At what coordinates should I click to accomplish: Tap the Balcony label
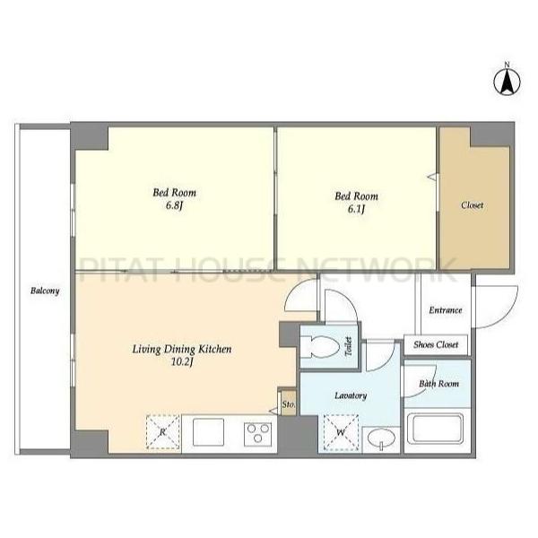click(x=45, y=291)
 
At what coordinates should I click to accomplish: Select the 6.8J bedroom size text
click(x=174, y=206)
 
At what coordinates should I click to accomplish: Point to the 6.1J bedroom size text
click(x=356, y=209)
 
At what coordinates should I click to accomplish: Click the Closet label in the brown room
click(x=473, y=205)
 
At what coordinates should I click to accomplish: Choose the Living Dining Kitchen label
click(x=182, y=350)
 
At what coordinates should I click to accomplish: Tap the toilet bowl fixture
click(x=320, y=346)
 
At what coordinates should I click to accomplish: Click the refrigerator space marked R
click(x=163, y=432)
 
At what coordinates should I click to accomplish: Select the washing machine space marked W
click(x=341, y=432)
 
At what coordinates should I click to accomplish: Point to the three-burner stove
click(x=257, y=434)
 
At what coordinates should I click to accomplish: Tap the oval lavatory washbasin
click(x=381, y=438)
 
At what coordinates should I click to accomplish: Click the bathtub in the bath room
click(x=435, y=430)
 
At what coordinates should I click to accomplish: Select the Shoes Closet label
click(x=436, y=344)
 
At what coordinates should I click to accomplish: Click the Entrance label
click(x=446, y=310)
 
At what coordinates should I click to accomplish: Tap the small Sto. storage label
click(x=288, y=404)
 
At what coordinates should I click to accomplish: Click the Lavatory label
click(x=351, y=396)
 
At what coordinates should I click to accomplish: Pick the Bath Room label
click(x=438, y=384)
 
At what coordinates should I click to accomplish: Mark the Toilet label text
click(x=348, y=346)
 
